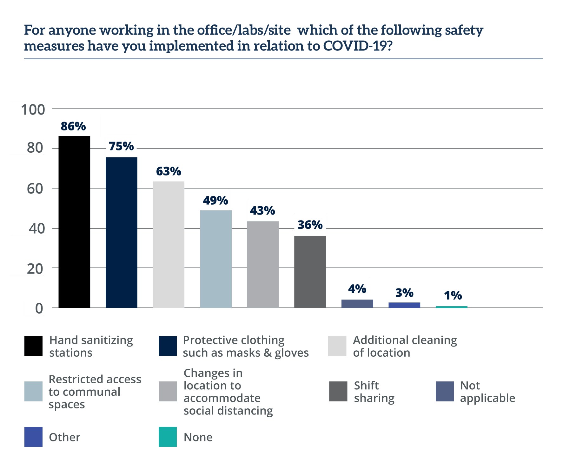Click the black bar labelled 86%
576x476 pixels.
pos(74,222)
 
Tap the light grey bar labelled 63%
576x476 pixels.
pos(169,244)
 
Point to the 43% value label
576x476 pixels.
pos(262,210)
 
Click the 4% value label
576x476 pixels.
pos(357,289)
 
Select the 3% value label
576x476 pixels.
pos(404,292)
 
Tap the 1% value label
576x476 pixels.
pos(453,295)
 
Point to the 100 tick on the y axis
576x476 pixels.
pos(33,109)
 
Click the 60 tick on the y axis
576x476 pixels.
pos(35,188)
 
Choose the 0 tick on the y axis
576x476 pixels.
pos(39,308)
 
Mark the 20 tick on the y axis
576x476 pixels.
pos(35,268)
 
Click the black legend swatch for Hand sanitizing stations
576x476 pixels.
pos(33,346)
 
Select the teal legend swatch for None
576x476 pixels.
pos(168,437)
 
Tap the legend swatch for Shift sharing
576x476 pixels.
pos(338,392)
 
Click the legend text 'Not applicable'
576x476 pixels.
pos(487,392)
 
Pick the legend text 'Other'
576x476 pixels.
pos(65,437)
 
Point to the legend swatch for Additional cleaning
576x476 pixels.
pos(337,346)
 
